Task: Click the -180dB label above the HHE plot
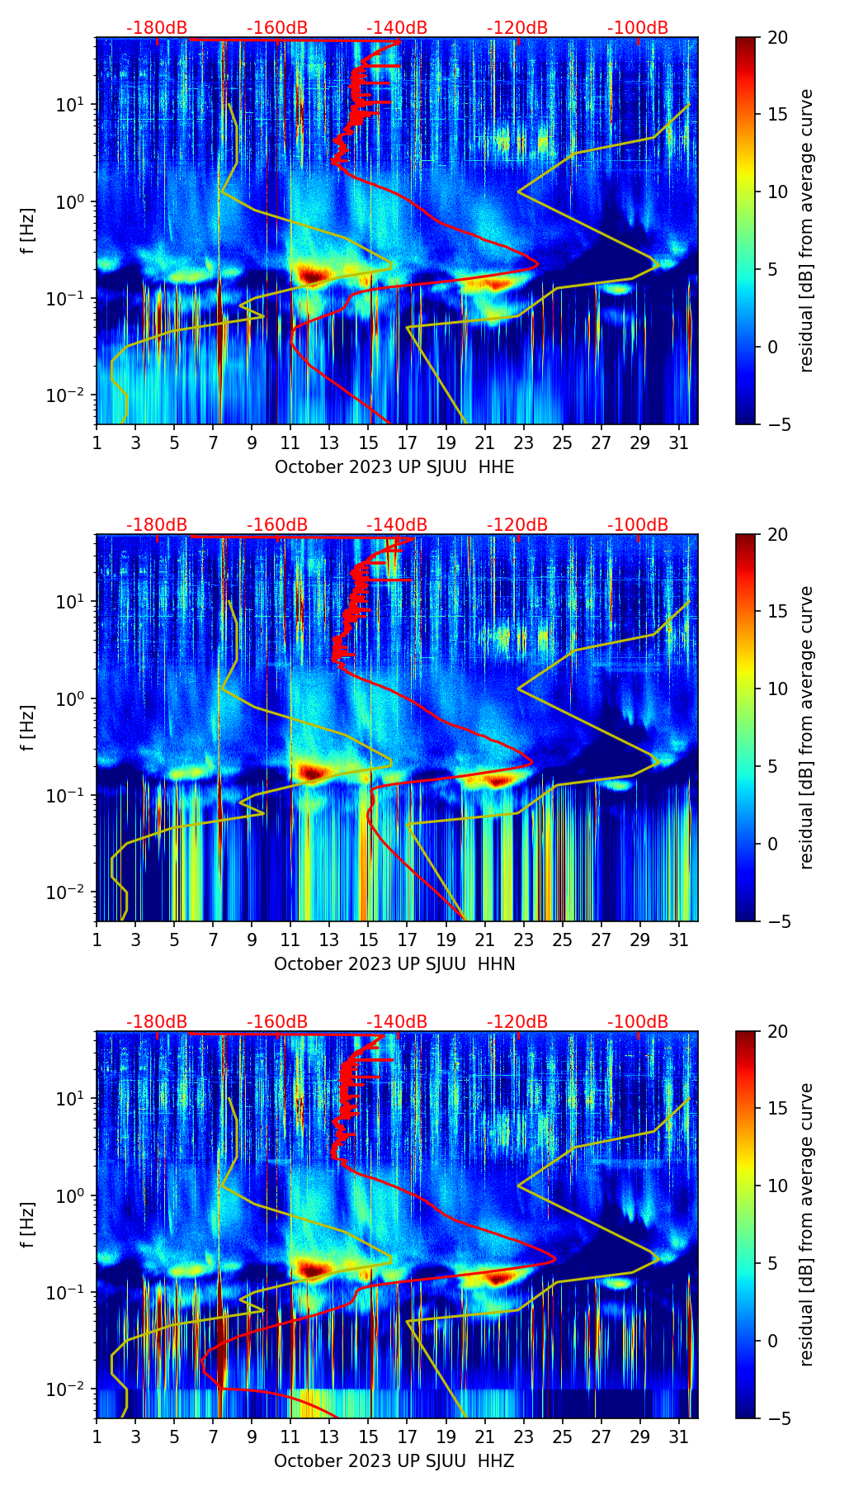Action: [157, 28]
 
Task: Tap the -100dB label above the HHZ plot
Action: [638, 1022]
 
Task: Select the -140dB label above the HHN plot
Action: [397, 525]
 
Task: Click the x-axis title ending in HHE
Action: [394, 467]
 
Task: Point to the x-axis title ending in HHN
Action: [394, 964]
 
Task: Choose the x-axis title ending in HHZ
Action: [394, 1461]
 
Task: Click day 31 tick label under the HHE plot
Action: [679, 443]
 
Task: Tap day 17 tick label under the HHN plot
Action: [407, 940]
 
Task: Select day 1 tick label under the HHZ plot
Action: [97, 1437]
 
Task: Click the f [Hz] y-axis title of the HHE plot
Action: [28, 230]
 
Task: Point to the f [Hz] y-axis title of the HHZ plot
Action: [28, 1224]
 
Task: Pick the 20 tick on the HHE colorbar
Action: [778, 37]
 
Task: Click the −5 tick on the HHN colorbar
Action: [778, 921]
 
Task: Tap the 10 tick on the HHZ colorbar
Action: [778, 1186]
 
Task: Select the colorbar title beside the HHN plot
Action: [807, 727]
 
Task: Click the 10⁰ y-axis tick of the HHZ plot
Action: [73, 1195]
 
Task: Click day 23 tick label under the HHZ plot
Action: [523, 1437]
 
